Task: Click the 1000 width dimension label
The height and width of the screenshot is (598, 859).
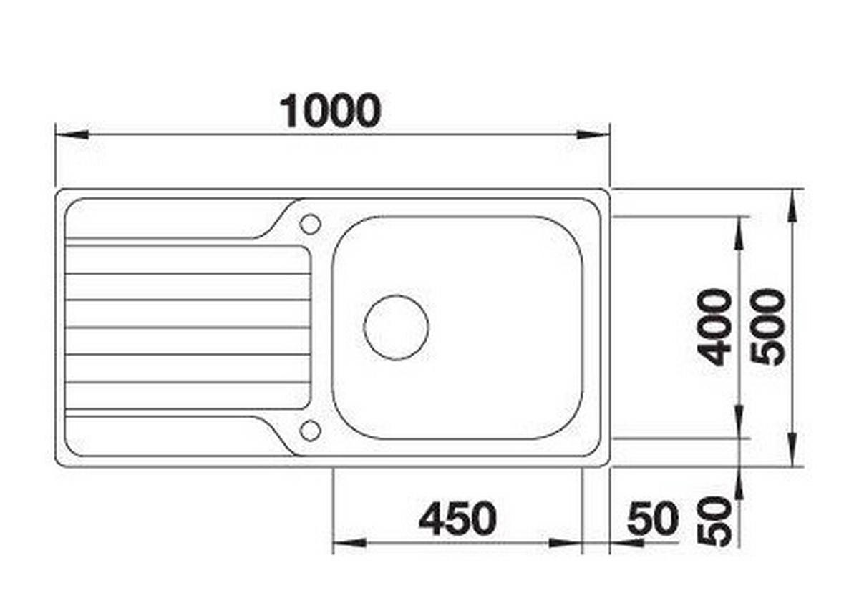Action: [x=330, y=111]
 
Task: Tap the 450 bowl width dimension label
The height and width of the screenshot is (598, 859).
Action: [x=457, y=519]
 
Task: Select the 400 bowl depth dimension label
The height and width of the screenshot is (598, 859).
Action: [x=714, y=327]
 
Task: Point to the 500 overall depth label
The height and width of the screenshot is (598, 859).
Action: [x=767, y=327]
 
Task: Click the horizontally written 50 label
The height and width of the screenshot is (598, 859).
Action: [x=653, y=519]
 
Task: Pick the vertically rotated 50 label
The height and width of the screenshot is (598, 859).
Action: [x=714, y=521]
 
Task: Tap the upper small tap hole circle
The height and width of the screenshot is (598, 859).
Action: [x=310, y=224]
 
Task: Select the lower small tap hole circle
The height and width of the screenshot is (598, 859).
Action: [x=310, y=431]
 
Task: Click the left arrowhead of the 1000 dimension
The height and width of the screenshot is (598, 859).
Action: [x=72, y=134]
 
